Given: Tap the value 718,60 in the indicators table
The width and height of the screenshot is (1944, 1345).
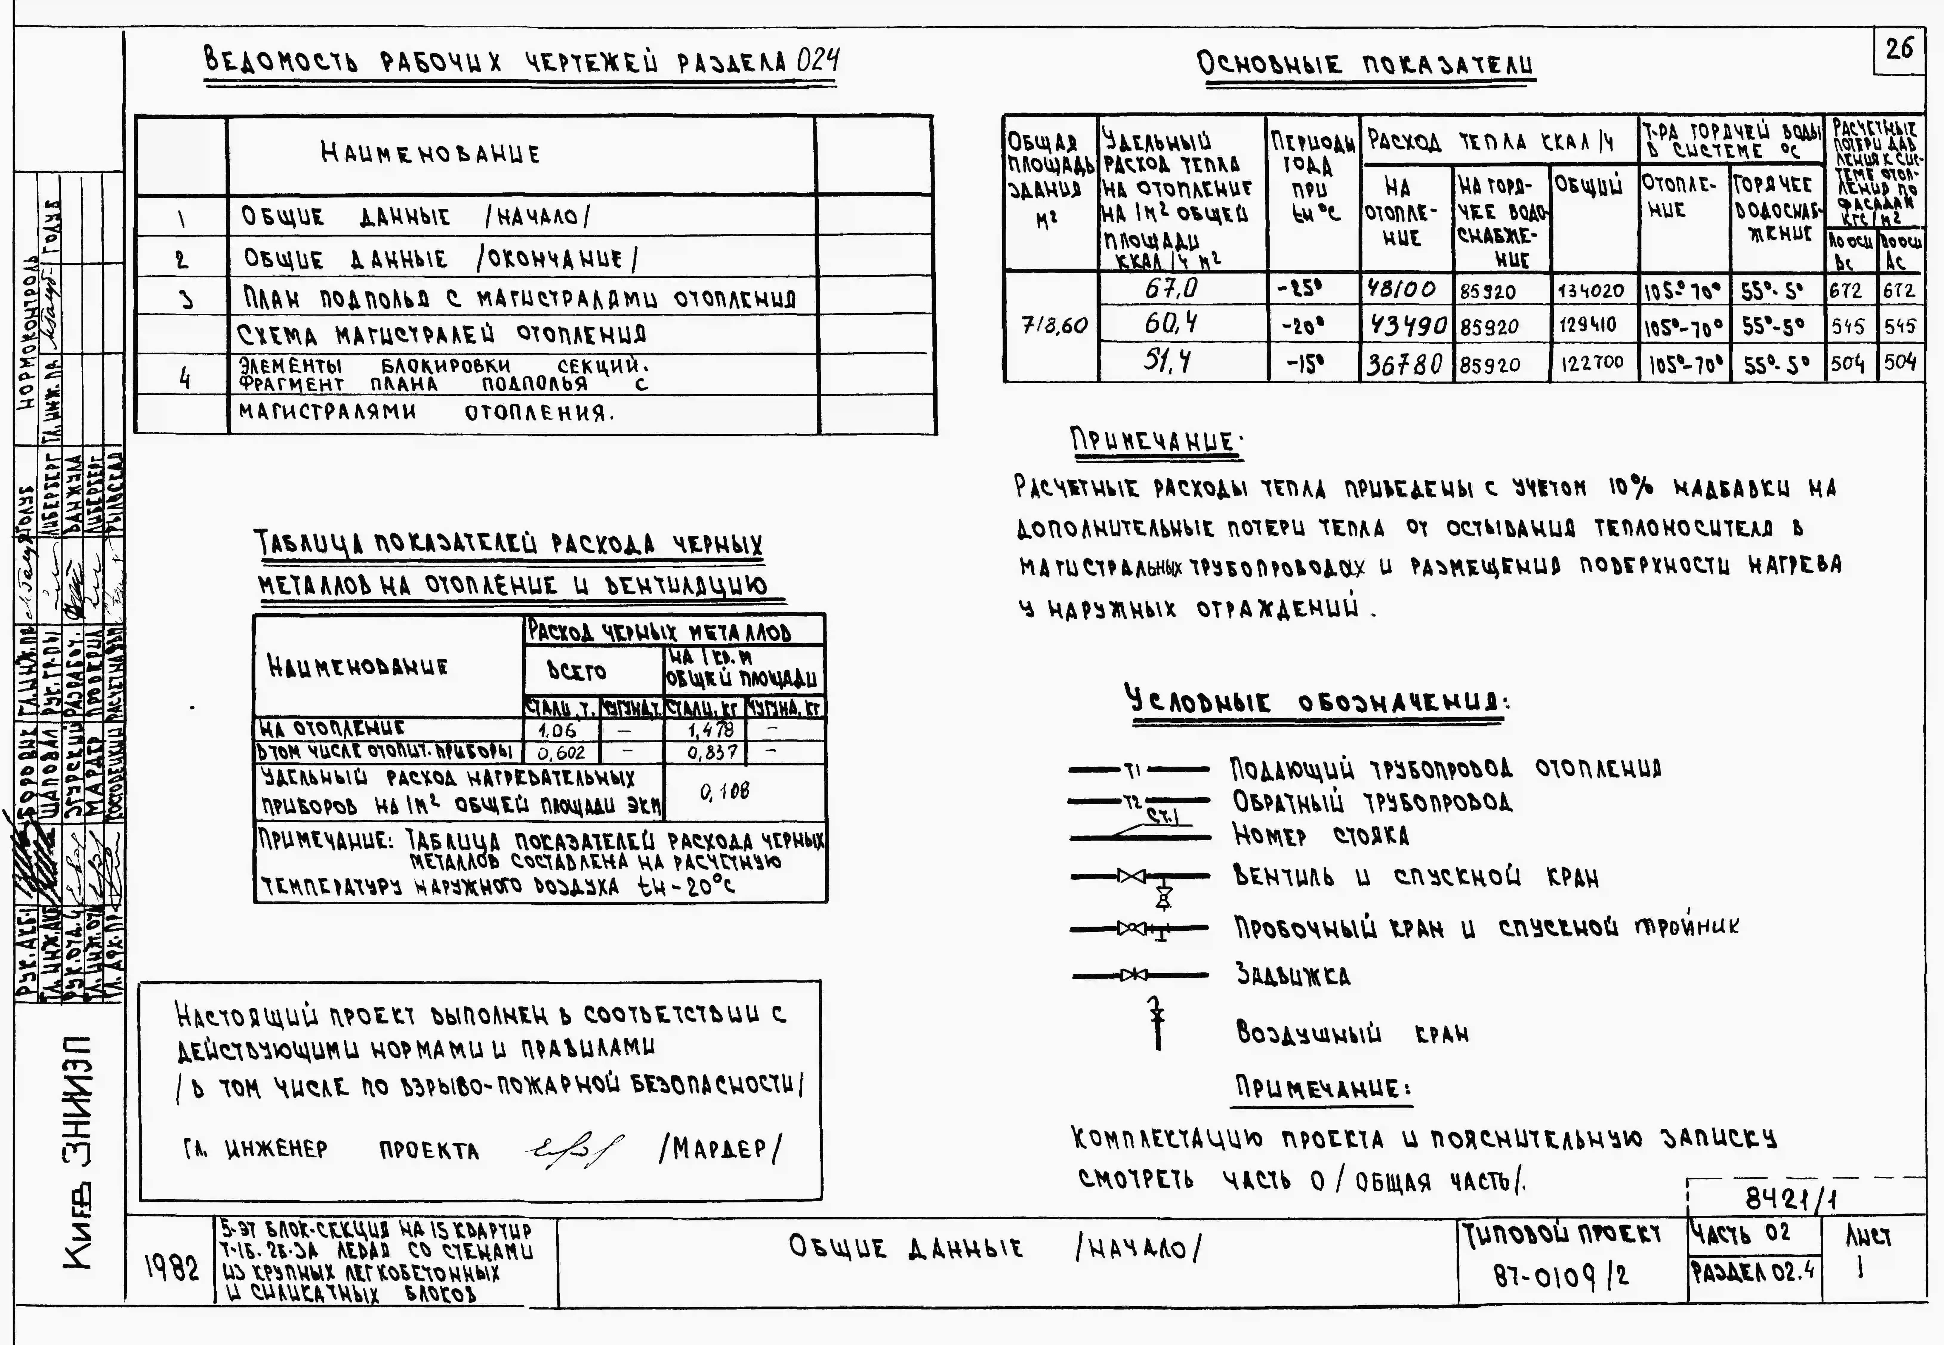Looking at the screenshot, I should [x=1053, y=325].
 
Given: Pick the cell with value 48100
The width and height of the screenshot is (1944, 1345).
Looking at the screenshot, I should [x=1405, y=290].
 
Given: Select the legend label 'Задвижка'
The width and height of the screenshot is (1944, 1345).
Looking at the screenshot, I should [x=1292, y=975].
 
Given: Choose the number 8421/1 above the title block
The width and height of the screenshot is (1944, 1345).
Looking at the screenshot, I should [x=1789, y=1198].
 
